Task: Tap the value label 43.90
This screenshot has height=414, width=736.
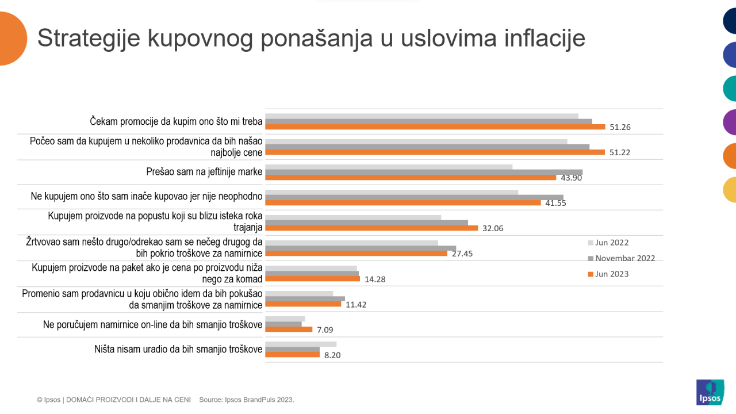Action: tap(572, 178)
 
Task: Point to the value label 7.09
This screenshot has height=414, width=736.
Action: tap(324, 329)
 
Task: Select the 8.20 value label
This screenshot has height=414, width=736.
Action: tap(332, 355)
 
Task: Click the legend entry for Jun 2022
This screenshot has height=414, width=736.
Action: tap(612, 243)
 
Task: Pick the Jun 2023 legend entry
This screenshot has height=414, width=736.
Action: tap(612, 274)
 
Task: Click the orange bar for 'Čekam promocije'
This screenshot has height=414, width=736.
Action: tap(435, 126)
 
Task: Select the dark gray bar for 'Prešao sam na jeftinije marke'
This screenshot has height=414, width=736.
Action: tap(424, 172)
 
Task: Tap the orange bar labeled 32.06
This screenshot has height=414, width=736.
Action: tap(371, 228)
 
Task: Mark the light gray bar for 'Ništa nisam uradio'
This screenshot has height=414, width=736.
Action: tap(301, 344)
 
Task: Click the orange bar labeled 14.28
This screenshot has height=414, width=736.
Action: tap(312, 279)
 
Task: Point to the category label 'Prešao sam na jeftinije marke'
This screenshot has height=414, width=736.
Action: tap(205, 171)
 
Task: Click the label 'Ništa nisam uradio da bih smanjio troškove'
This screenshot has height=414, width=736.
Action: tap(178, 349)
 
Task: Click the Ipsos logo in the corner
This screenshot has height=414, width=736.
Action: tap(710, 392)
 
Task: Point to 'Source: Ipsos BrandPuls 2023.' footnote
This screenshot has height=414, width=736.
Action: tap(247, 399)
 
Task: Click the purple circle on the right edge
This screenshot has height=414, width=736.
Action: tap(729, 122)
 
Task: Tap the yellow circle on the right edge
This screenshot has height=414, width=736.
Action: tap(729, 190)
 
